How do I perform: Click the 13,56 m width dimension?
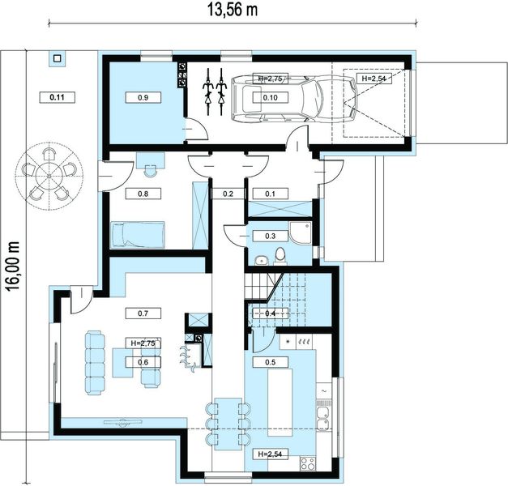tap(233, 11)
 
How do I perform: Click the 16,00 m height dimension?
tap(13, 266)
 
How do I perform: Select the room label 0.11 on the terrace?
tap(58, 97)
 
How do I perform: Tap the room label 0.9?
tap(143, 97)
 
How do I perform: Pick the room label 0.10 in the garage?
tap(270, 97)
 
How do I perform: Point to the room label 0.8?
tap(143, 194)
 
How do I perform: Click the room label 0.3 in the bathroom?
tap(270, 236)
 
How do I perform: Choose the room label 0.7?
tap(143, 313)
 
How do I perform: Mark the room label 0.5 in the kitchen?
tap(270, 362)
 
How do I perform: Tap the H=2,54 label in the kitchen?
tap(270, 454)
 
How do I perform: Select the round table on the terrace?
tap(49, 176)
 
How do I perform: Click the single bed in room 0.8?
tap(138, 235)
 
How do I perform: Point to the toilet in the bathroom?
tap(280, 256)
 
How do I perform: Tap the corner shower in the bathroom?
tap(301, 232)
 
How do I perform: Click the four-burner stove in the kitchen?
tap(307, 463)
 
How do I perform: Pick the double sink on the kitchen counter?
tap(323, 419)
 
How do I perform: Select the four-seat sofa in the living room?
tap(95, 363)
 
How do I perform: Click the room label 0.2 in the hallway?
tap(228, 194)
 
